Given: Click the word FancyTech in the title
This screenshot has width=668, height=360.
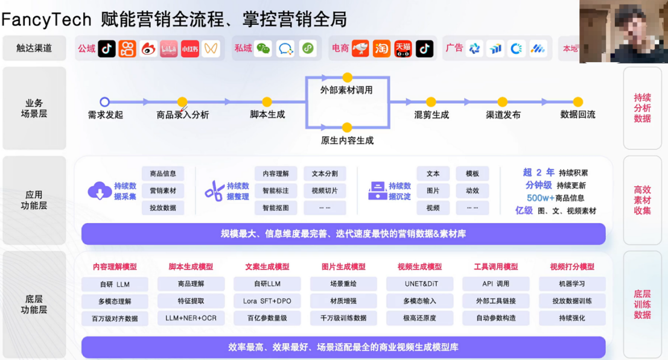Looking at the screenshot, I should coord(46,19).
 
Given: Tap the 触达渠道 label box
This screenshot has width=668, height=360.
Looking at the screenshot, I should coord(34,48).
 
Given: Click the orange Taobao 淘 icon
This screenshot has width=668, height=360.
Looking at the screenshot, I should coord(381,48).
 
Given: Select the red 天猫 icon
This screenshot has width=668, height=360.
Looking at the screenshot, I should coord(402,48).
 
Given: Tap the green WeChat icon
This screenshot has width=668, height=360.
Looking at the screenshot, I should coord(263,48).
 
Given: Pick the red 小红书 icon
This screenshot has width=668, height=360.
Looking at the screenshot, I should coord(189,48).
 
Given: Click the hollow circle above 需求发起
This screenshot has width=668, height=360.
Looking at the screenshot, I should coord(104,102).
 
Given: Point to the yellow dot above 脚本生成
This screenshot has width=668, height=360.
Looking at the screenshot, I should coord(267,102).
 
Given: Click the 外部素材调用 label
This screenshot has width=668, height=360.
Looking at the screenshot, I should coord(346,90).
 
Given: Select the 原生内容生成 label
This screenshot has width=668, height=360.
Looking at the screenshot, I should coord(346,141).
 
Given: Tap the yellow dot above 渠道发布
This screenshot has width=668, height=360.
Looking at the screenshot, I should coord(503,102).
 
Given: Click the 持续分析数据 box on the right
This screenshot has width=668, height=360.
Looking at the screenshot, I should coord(642,108).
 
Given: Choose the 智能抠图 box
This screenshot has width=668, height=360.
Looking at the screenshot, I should coord(276,208).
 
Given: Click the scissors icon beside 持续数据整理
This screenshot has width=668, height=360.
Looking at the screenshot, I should coord(214,191).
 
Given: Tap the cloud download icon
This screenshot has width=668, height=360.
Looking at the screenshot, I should coord(100,191).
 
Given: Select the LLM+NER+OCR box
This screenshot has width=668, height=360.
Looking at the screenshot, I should coord(191,318).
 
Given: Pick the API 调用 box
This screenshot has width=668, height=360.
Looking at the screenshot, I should coord(495,284).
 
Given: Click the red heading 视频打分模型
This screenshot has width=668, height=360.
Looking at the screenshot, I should coord(571,267).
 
